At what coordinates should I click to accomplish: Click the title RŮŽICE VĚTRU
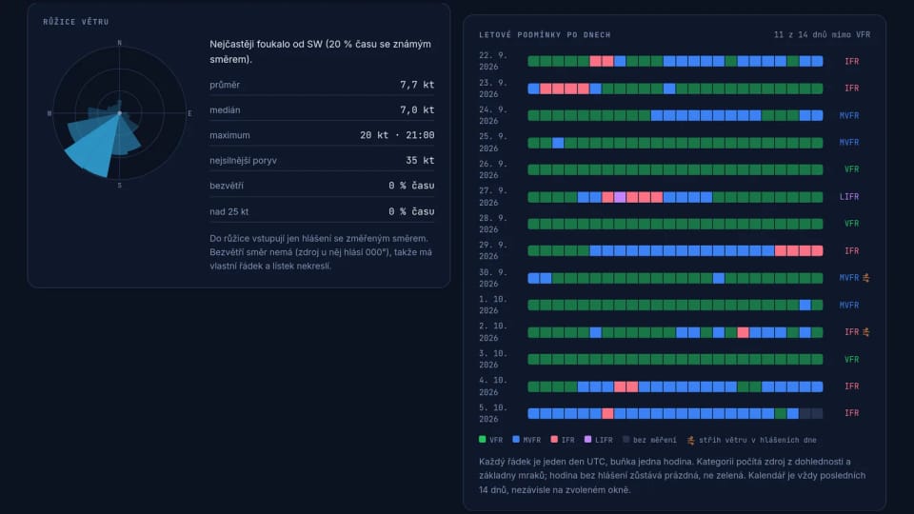click(76, 22)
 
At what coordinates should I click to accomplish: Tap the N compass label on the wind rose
click(120, 43)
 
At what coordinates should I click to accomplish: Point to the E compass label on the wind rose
click(189, 113)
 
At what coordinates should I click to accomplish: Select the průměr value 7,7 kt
click(417, 85)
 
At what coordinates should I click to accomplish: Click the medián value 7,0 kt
click(417, 109)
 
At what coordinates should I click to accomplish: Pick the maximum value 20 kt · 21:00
click(397, 135)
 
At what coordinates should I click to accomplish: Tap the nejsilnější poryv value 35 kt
click(420, 160)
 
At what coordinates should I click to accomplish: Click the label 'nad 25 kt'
click(229, 211)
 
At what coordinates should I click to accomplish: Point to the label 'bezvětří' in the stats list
click(227, 186)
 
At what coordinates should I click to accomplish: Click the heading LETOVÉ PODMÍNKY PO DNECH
click(545, 35)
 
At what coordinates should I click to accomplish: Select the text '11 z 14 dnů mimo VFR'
click(822, 35)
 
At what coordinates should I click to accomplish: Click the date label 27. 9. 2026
click(493, 196)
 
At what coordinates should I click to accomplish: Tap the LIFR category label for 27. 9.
click(848, 197)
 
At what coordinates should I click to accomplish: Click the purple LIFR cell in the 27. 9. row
click(620, 197)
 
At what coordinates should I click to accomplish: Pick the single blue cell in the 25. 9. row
click(558, 143)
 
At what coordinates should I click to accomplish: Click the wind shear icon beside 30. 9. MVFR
click(866, 278)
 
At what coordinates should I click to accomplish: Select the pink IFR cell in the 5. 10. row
click(607, 413)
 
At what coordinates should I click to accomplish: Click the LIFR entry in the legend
click(599, 440)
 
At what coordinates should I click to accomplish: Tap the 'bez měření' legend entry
click(649, 440)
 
